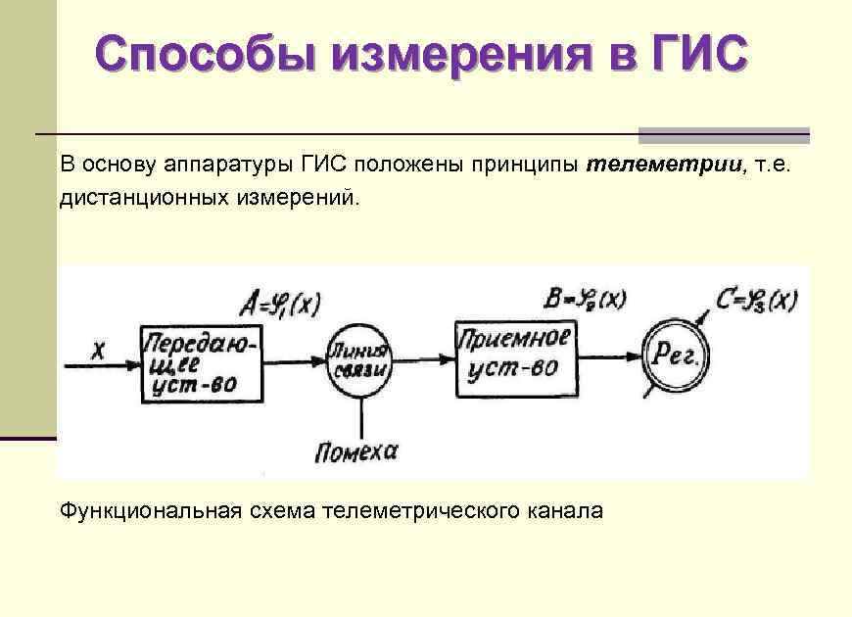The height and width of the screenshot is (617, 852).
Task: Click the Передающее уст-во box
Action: tap(202, 363)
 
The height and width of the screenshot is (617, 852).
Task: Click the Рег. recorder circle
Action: tap(675, 357)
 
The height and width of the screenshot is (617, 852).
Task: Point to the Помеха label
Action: tap(356, 451)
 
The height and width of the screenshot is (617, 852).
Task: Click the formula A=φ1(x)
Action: tap(278, 305)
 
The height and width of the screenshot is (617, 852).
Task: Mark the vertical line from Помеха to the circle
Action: tap(362, 417)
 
